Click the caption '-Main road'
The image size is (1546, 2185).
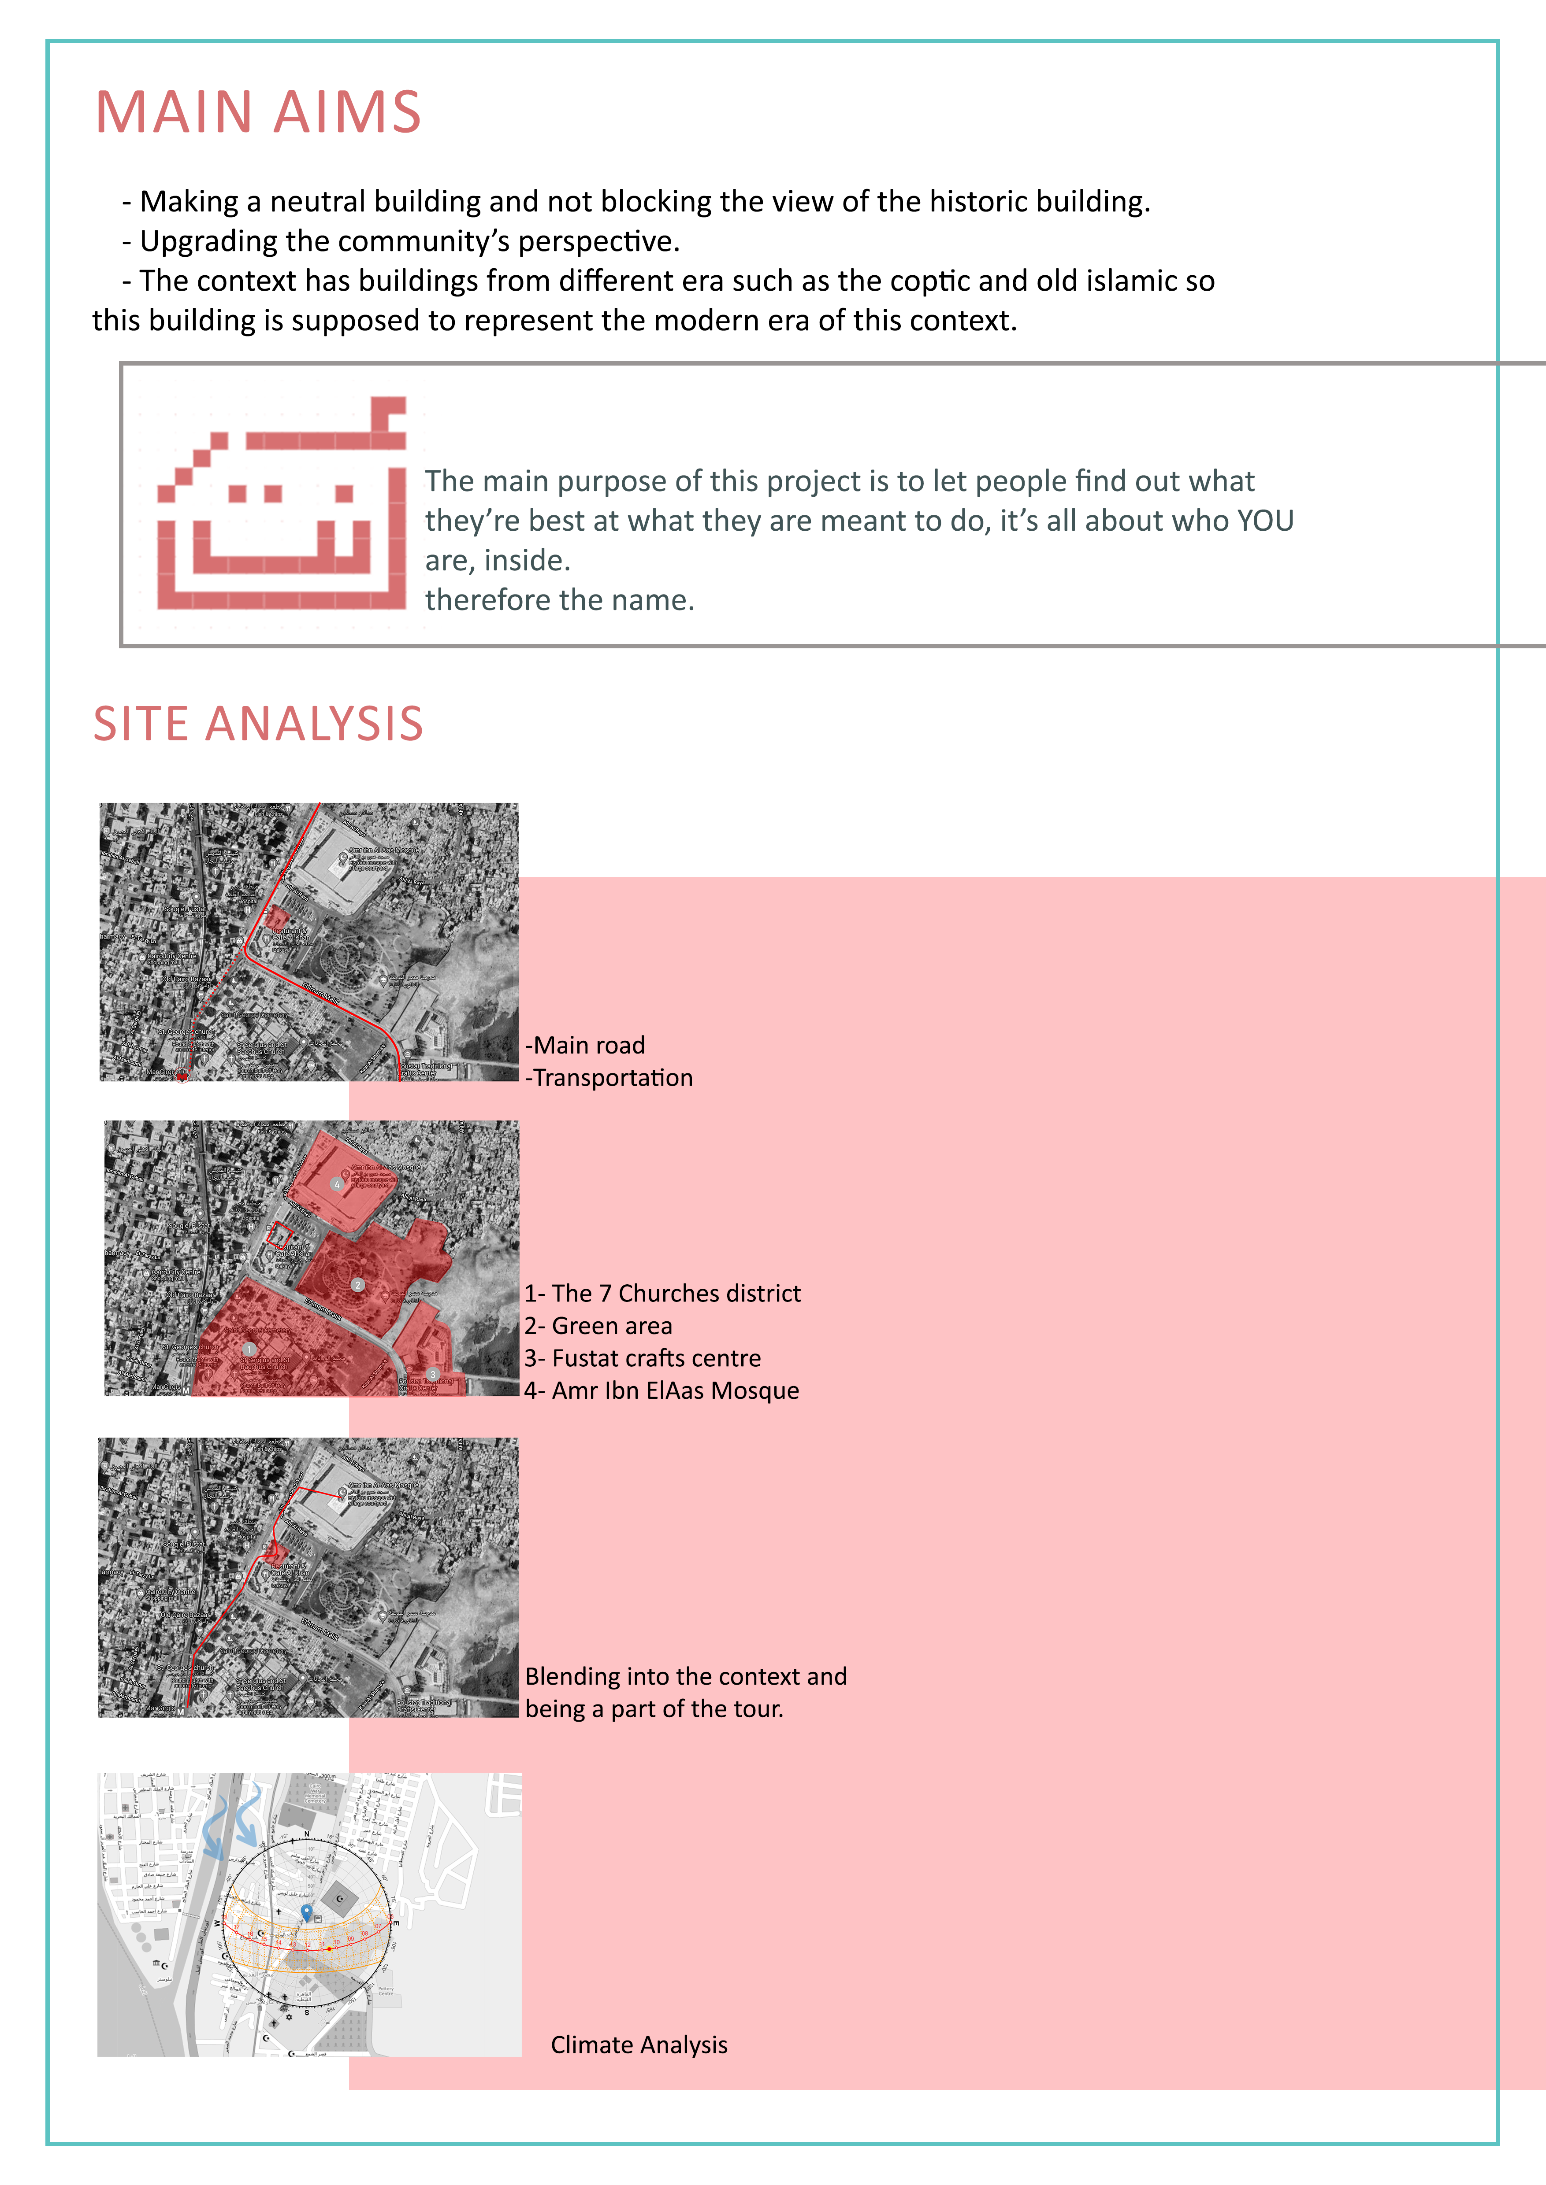(585, 1045)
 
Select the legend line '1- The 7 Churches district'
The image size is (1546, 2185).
(662, 1293)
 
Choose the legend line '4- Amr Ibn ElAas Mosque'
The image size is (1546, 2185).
(662, 1390)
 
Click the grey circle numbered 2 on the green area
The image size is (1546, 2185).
(357, 1285)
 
